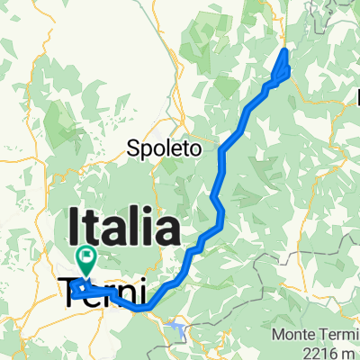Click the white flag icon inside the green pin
(86, 256)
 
